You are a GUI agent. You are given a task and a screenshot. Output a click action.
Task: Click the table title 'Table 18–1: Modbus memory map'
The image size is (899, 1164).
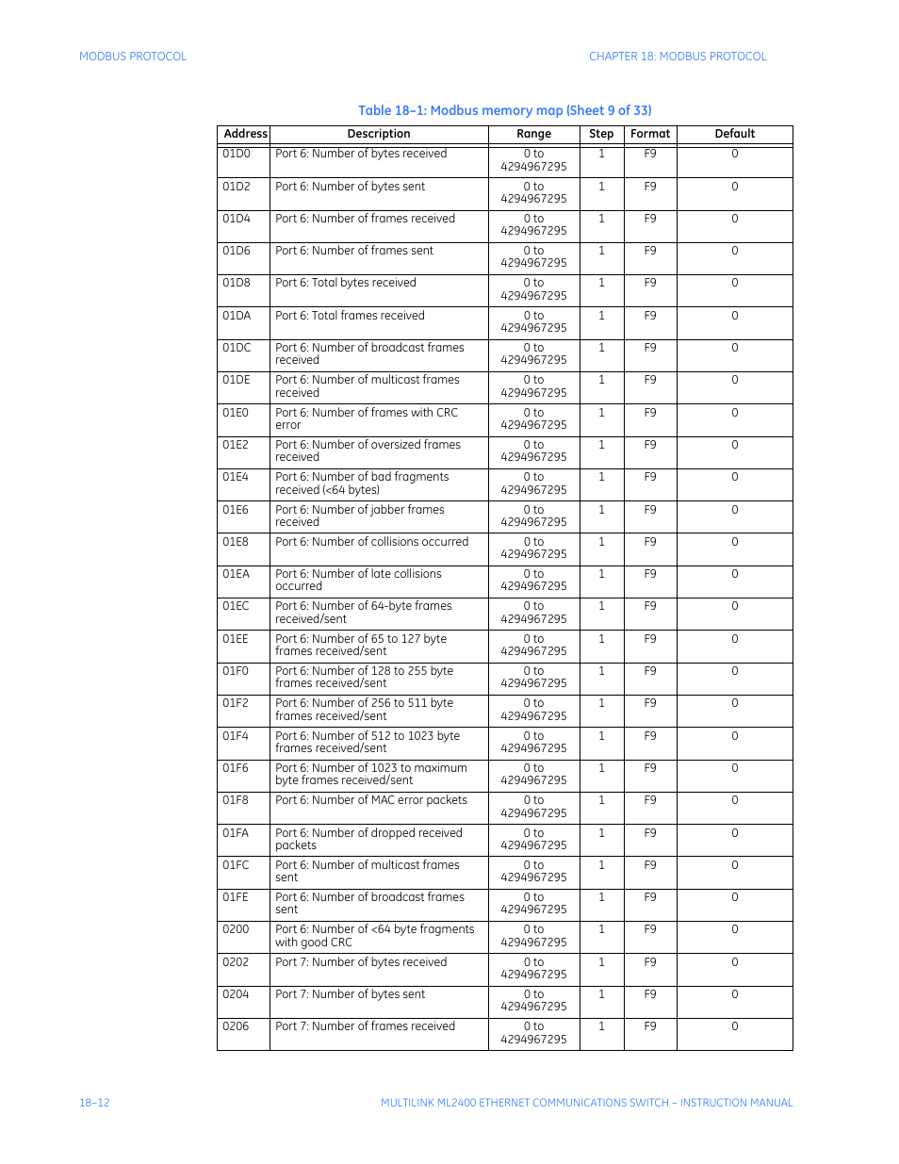(504, 110)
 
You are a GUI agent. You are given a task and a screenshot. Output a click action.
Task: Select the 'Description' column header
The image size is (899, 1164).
(379, 134)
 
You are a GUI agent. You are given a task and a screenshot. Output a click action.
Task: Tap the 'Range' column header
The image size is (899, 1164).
(533, 134)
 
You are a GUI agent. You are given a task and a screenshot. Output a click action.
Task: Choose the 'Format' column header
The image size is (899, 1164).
(650, 134)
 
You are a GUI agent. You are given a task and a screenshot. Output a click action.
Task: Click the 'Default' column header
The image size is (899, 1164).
(734, 134)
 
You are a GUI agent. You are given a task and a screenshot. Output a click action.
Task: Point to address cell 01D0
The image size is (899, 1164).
(237, 154)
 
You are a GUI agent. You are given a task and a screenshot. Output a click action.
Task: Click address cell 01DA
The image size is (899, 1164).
(237, 316)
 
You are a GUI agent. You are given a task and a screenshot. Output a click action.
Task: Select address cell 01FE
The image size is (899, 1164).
(236, 897)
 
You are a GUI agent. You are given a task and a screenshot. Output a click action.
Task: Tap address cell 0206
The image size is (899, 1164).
(236, 1026)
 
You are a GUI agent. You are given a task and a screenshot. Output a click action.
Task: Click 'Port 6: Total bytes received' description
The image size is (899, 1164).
(346, 283)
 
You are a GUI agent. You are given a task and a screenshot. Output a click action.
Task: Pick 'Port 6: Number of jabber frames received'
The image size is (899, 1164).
(360, 516)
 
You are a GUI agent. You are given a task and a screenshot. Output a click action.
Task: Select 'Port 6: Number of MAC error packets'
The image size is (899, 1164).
(371, 800)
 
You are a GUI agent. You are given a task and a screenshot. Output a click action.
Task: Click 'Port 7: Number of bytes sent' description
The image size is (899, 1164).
(351, 994)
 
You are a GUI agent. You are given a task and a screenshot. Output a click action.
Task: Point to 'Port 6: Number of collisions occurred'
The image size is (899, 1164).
(372, 542)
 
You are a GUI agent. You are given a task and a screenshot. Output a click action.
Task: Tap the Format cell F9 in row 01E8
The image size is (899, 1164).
(650, 542)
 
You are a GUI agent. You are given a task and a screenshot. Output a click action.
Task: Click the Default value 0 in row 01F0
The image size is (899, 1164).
(735, 671)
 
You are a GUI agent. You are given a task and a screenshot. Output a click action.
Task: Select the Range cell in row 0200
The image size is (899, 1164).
(533, 936)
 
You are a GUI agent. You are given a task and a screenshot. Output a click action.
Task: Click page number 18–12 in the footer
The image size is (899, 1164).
(94, 1103)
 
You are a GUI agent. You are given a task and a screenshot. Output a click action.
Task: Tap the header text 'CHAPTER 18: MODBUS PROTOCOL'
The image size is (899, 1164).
(678, 57)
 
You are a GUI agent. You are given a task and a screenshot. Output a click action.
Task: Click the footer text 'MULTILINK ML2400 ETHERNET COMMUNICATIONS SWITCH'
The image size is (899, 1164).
(524, 1103)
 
